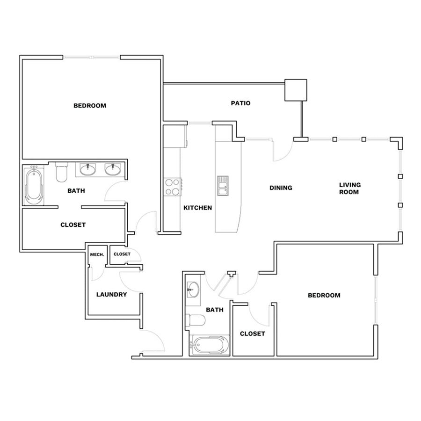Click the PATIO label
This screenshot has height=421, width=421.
240,103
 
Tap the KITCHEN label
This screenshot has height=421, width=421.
197,208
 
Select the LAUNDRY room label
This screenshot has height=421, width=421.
111,295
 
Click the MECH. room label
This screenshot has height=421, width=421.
97,254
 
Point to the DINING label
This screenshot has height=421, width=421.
281,188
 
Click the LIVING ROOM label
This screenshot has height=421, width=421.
349,188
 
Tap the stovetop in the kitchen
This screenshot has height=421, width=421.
172,187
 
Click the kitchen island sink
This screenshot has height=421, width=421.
223,186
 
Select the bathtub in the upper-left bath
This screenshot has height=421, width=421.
34,187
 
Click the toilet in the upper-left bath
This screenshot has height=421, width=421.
61,172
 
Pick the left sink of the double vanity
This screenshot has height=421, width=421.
87,169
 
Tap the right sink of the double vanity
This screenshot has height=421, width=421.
113,169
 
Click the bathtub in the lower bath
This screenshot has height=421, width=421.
210,345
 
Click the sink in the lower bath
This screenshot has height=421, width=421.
193,290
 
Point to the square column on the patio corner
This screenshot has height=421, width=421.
296,90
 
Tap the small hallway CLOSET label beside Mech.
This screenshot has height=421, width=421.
122,254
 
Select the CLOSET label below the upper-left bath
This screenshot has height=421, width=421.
73,225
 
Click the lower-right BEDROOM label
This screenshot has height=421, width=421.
324,295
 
